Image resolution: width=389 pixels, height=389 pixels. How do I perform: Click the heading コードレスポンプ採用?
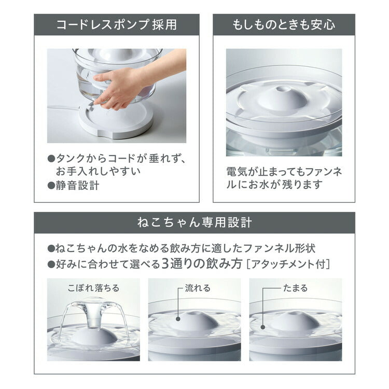[116, 24]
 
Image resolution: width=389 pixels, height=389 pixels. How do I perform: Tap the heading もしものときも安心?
[284, 24]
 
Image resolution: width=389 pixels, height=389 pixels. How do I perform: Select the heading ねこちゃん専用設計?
[195, 223]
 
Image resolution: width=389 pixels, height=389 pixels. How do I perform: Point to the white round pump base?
[116, 122]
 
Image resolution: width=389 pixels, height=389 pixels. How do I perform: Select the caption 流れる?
[198, 288]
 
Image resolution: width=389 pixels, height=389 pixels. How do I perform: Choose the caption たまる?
[295, 288]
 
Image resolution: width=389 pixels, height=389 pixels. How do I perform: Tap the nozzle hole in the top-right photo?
[283, 87]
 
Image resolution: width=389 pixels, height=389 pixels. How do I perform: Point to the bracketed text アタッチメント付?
[288, 263]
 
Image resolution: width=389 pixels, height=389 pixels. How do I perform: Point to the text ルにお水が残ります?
[274, 184]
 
